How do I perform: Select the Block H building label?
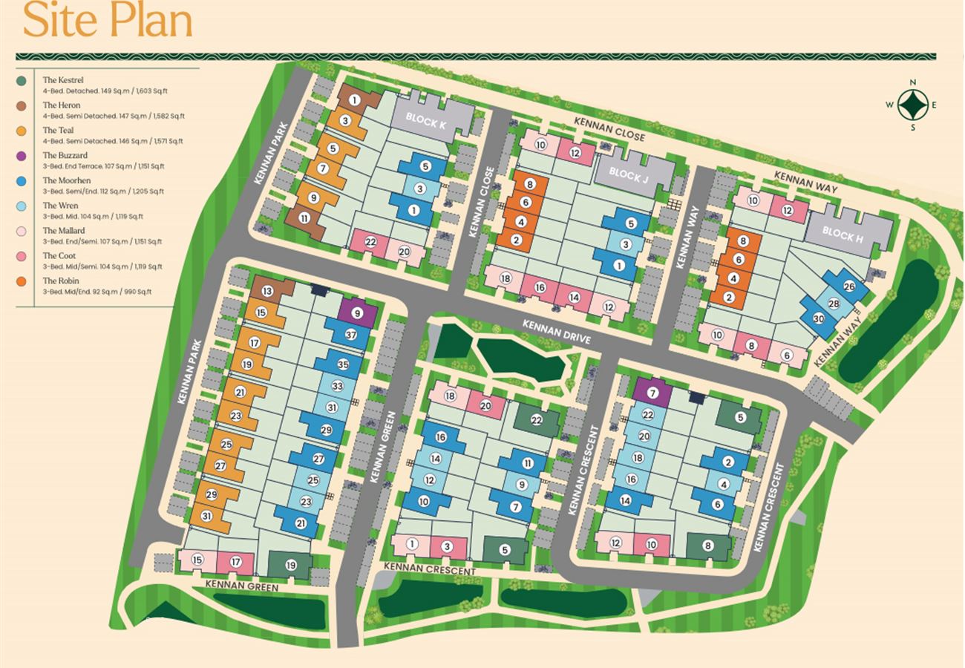843,235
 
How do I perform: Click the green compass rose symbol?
913,105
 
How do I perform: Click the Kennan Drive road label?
556,332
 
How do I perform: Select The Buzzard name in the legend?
65,155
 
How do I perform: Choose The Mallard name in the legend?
64,231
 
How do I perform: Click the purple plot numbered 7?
652,392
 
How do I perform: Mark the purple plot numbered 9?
358,313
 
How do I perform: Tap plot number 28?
834,304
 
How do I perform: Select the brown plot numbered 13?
267,291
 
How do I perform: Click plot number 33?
337,386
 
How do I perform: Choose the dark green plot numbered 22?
537,420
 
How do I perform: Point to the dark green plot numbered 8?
707,546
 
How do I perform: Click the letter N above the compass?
913,82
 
